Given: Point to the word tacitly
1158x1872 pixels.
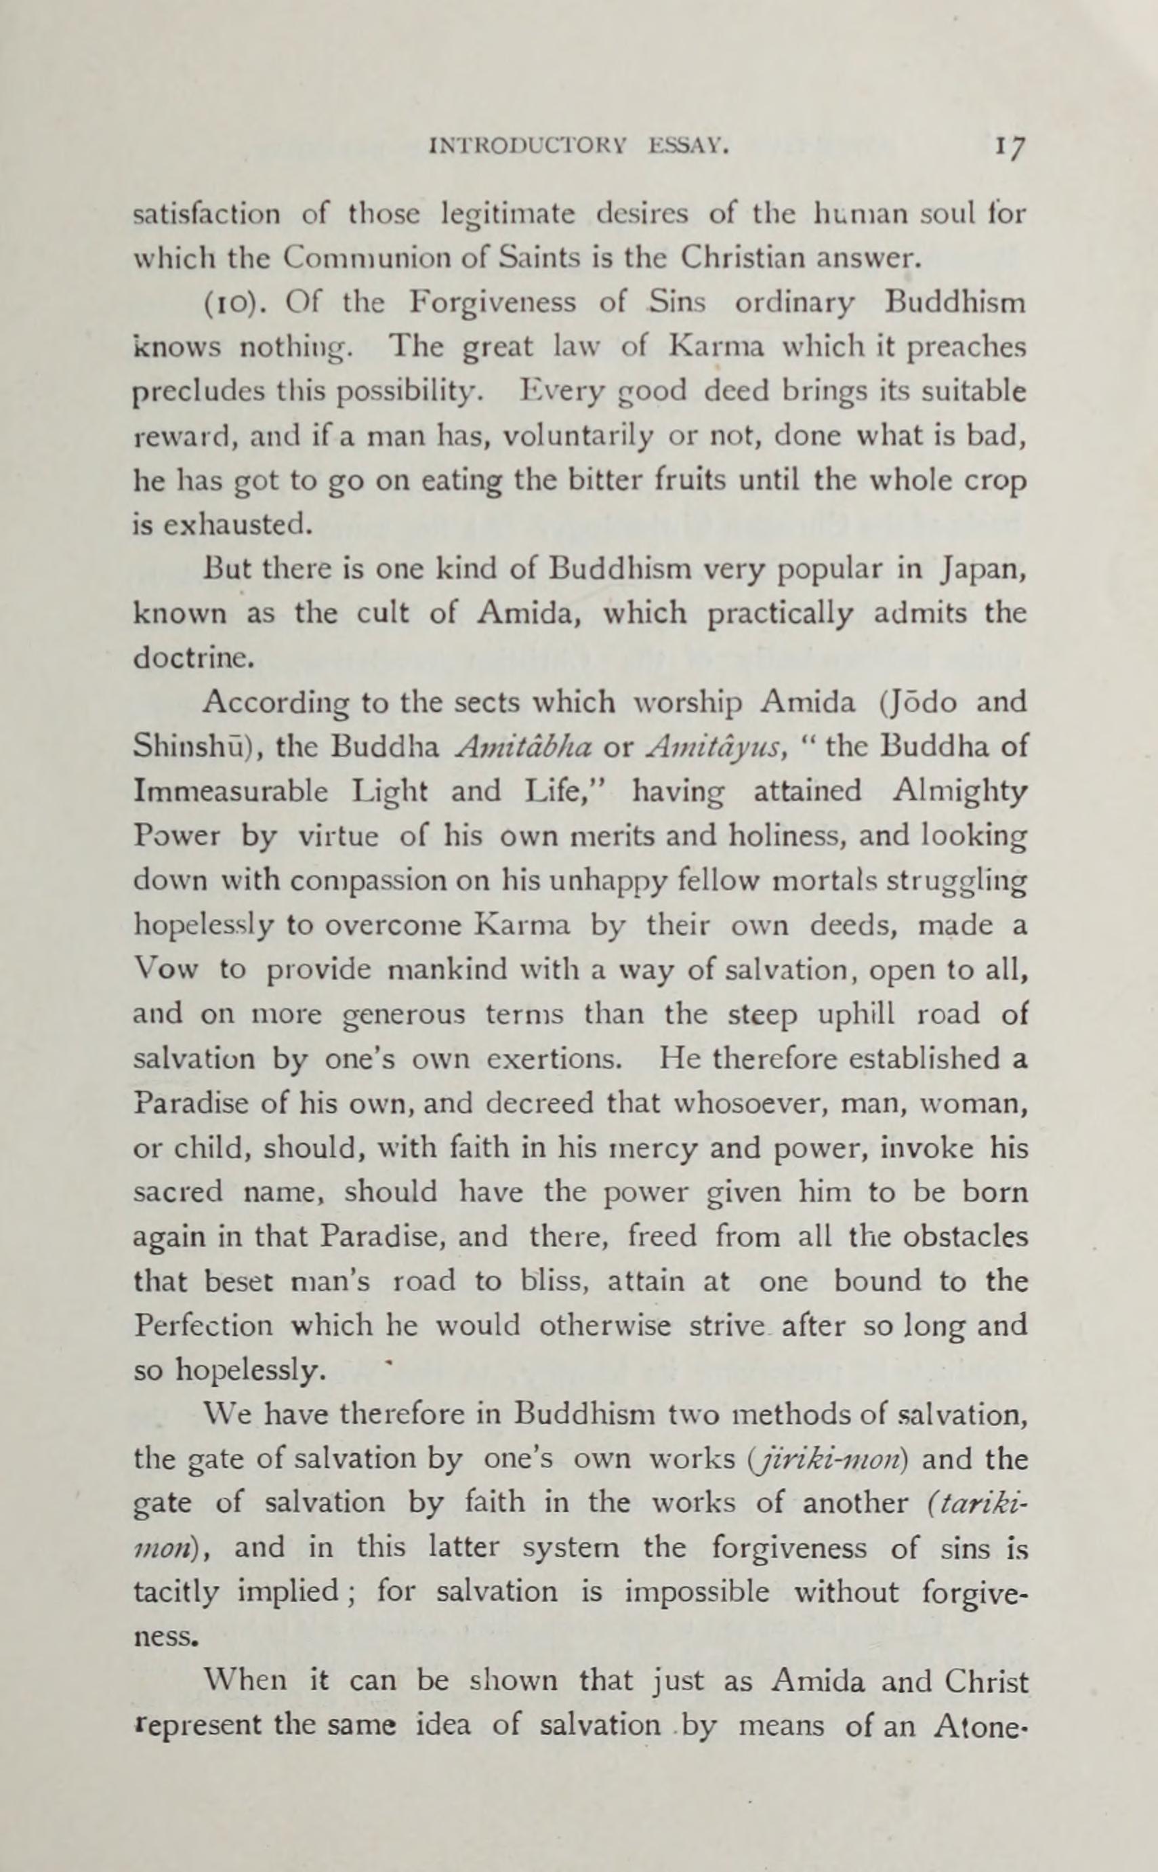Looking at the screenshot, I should tap(175, 1593).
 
